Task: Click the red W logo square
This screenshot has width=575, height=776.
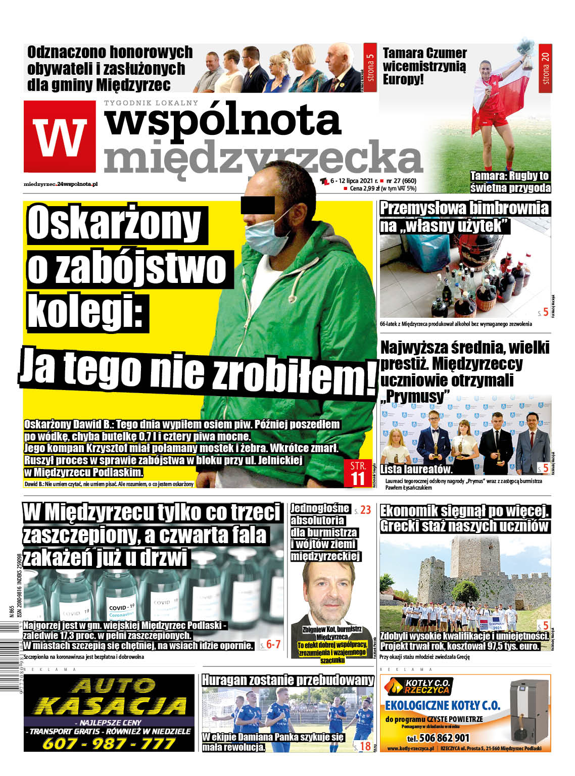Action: tap(60, 136)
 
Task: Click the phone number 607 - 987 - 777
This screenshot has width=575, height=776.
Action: tap(109, 743)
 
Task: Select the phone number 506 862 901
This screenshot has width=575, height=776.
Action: tap(438, 738)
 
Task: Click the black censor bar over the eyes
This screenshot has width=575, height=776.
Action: tap(258, 205)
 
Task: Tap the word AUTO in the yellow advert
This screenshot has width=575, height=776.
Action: tap(114, 686)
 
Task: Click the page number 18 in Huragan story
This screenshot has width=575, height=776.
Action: tap(365, 746)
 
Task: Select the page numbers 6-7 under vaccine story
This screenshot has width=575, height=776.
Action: tap(273, 644)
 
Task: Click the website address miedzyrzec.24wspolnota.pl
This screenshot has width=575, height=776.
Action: tap(61, 184)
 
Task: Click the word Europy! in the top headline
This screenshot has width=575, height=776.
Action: tap(403, 79)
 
